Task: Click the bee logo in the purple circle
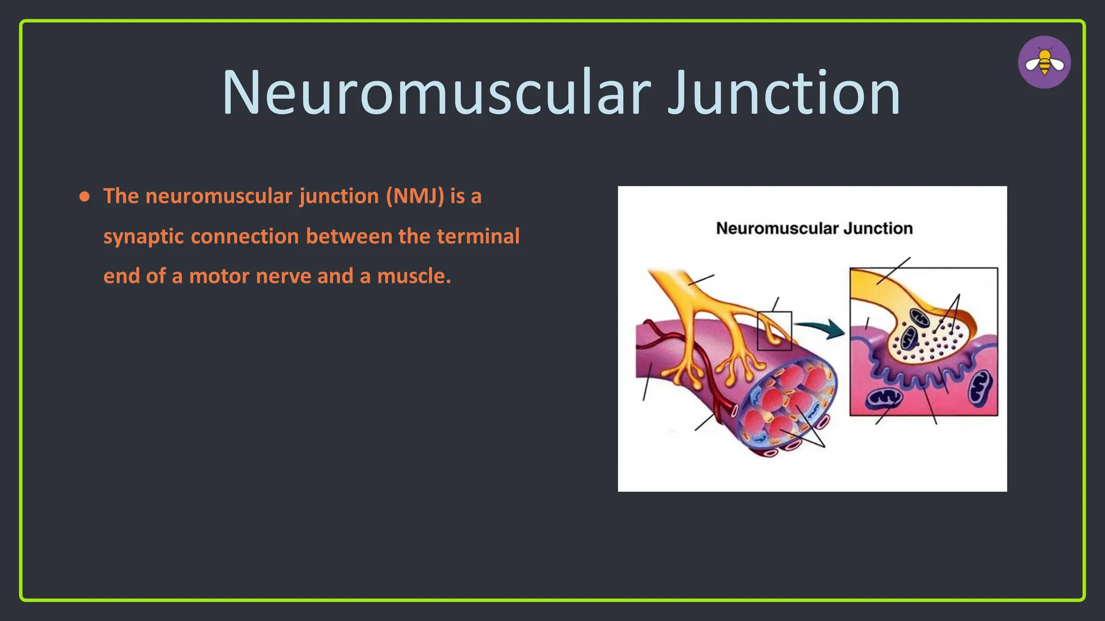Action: (x=1044, y=63)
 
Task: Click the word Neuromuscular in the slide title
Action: (x=436, y=93)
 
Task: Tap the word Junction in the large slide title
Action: (x=783, y=93)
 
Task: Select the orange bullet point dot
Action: (x=84, y=197)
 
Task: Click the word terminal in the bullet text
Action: (x=478, y=236)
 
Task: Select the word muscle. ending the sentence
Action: (x=414, y=276)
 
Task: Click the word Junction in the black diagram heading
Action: (x=878, y=229)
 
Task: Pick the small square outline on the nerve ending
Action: (x=774, y=330)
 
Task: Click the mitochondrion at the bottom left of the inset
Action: (x=884, y=399)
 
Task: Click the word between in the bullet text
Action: (x=349, y=236)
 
